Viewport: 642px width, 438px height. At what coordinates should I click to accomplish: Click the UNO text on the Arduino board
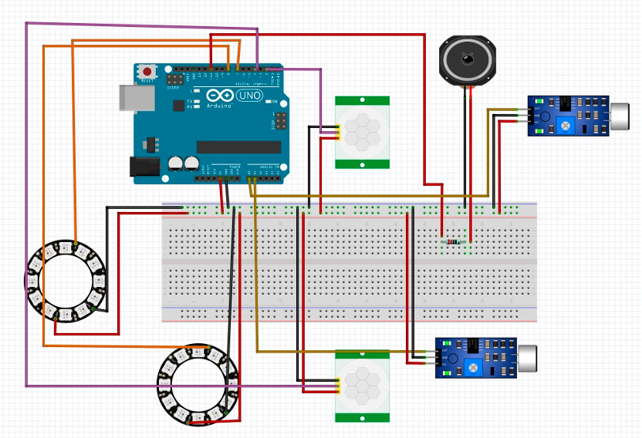tap(254, 96)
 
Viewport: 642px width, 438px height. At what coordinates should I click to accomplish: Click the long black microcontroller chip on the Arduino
tap(238, 147)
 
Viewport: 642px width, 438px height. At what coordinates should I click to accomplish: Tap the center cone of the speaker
tap(466, 59)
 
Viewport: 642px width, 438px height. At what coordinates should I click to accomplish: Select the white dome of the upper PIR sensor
tap(362, 132)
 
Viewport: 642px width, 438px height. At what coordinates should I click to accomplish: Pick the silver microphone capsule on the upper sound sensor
tap(620, 116)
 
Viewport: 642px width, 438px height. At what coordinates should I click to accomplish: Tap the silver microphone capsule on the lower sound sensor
tap(528, 358)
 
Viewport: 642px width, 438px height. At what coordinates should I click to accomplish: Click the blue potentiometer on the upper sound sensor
tap(566, 124)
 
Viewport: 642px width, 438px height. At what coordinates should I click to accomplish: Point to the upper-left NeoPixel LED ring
tap(66, 280)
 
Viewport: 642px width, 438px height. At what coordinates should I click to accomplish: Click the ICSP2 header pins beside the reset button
tap(176, 79)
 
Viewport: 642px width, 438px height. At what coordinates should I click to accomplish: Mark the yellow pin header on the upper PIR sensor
tap(338, 132)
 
